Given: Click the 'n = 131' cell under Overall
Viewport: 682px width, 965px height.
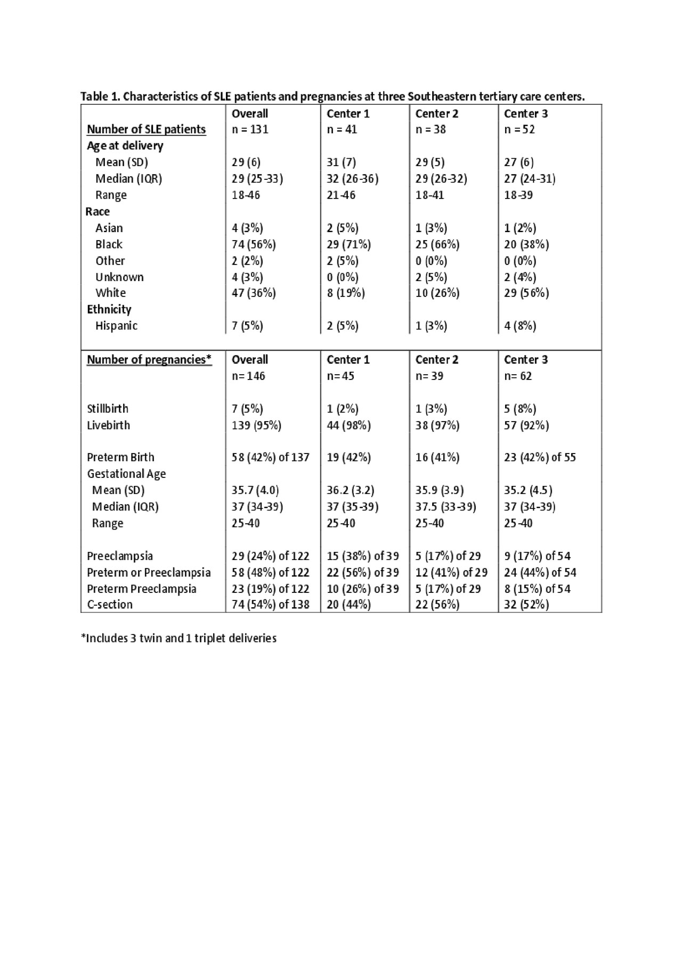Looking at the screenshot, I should (250, 129).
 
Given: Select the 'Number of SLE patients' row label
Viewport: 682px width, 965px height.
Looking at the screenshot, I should (146, 129).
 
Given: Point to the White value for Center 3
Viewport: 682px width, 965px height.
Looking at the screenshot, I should (526, 293).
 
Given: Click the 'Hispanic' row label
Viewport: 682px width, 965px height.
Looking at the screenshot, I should (116, 326).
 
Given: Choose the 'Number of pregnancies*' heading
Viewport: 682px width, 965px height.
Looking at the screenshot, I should (149, 360).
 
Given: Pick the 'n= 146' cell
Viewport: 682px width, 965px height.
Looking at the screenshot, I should (248, 376).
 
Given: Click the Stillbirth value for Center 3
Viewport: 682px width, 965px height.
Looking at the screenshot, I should (519, 409).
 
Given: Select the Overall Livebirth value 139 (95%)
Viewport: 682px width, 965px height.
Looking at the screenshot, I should (256, 425).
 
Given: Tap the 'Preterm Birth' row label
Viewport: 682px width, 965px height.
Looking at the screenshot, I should (120, 457).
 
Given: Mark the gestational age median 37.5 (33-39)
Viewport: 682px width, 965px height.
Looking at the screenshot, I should (445, 507).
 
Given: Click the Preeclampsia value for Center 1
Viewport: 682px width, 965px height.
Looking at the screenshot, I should (362, 556).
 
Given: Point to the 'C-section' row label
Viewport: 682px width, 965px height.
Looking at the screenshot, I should (110, 605).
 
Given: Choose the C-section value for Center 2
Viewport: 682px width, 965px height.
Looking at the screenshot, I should (437, 605).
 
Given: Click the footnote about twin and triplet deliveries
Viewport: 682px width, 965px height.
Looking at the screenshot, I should (178, 638).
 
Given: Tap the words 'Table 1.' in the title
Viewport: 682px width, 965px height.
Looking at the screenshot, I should (100, 97).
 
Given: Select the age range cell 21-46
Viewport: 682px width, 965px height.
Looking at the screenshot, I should (341, 195).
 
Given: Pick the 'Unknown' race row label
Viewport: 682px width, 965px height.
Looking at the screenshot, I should (119, 277).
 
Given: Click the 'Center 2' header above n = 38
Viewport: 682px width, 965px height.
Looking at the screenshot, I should (436, 113).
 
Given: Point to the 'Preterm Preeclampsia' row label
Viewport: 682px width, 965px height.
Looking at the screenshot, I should (141, 589).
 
